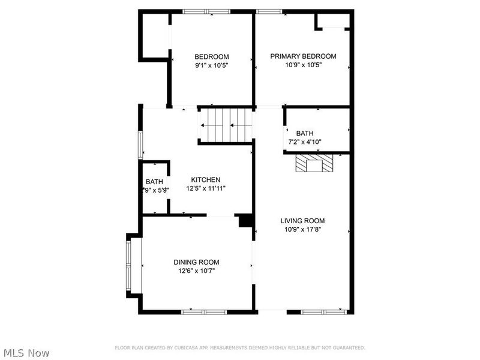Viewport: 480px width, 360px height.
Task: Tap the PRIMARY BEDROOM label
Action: [303, 56]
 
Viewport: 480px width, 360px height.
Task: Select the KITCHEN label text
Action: [206, 180]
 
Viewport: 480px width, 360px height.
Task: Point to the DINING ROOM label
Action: [196, 262]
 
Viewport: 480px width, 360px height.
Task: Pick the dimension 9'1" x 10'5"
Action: [212, 65]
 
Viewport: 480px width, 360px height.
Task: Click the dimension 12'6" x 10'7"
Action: [196, 271]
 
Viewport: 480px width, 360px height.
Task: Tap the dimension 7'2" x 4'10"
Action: [304, 142]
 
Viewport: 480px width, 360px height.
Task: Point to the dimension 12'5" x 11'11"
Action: [205, 188]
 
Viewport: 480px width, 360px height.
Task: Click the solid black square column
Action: [245, 221]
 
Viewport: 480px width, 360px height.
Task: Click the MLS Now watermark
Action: [26, 353]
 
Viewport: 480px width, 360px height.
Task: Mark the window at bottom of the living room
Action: [324, 311]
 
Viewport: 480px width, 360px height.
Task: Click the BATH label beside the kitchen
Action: [154, 182]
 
